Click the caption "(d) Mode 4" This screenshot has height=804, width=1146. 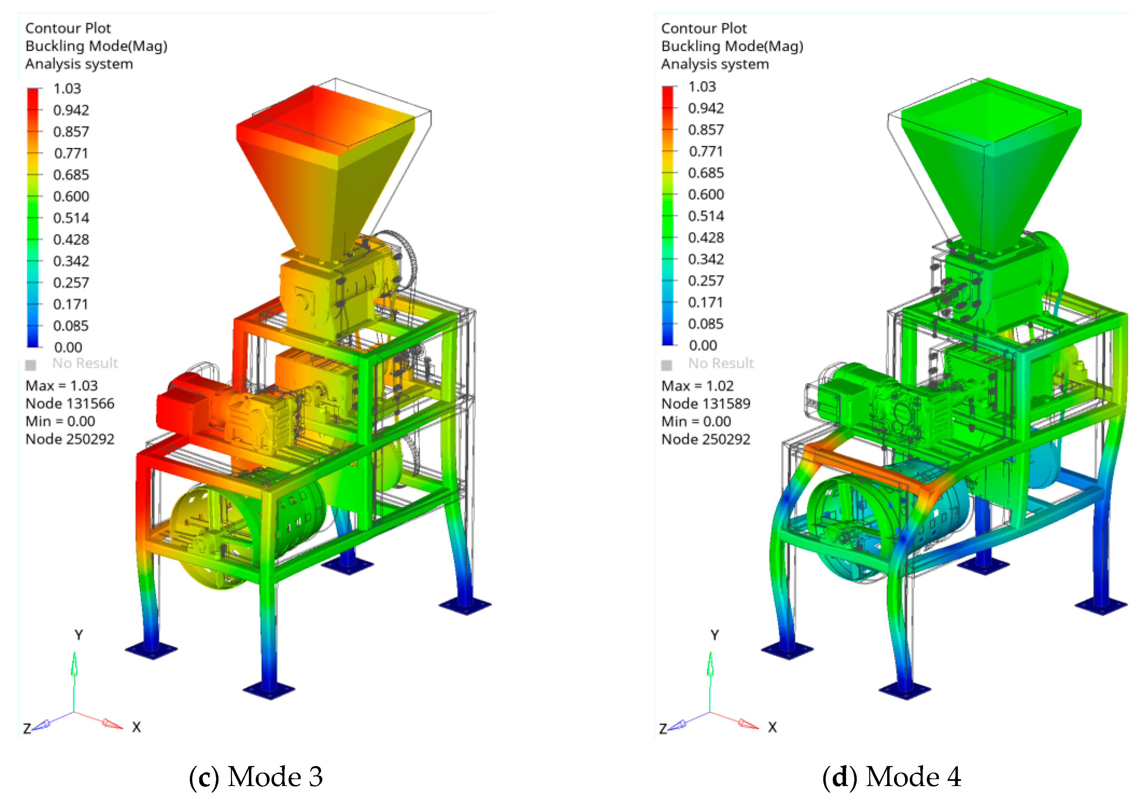(x=892, y=776)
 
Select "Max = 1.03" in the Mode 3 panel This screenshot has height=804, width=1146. (x=61, y=386)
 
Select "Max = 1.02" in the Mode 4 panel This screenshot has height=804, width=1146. (x=697, y=386)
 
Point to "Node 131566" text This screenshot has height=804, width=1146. (x=70, y=404)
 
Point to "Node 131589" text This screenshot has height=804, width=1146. (x=706, y=404)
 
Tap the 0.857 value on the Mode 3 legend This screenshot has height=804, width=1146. (x=71, y=132)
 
